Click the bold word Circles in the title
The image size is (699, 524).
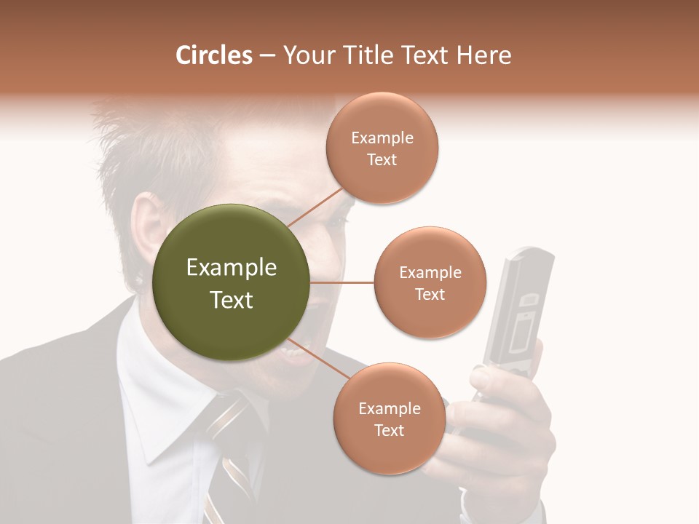(x=213, y=55)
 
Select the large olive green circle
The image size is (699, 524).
(x=231, y=282)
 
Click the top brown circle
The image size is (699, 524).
(x=382, y=148)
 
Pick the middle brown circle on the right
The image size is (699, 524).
(x=430, y=282)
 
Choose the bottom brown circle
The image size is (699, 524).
(x=389, y=418)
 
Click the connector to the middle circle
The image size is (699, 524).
(x=342, y=282)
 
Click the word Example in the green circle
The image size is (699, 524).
(x=231, y=268)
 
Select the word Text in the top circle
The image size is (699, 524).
(x=382, y=160)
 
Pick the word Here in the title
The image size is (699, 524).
(x=484, y=55)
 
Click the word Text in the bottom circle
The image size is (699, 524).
(x=389, y=430)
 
